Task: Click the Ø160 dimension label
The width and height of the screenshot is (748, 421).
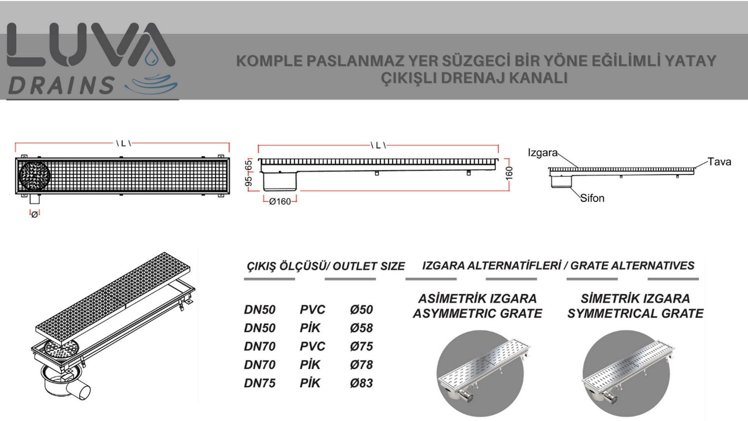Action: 280,202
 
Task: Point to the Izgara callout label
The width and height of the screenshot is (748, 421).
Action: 543,152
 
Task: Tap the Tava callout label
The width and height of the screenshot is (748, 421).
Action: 719,162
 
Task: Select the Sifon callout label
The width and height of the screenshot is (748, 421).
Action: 592,198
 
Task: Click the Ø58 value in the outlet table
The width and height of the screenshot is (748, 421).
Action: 361,328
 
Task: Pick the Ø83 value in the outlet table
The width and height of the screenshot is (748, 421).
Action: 361,383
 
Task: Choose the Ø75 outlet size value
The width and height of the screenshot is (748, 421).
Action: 361,346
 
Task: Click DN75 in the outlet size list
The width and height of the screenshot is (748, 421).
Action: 259,383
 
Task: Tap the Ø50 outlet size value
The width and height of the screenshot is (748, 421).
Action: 361,310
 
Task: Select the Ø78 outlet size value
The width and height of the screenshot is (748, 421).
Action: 361,364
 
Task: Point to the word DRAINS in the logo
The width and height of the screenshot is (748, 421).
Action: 62,85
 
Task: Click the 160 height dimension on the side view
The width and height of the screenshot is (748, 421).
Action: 509,173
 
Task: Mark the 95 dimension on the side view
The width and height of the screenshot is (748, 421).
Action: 248,182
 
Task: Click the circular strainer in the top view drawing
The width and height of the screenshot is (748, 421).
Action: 34,176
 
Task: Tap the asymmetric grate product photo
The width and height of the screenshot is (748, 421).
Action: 480,373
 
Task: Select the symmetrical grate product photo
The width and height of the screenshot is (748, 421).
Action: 626,373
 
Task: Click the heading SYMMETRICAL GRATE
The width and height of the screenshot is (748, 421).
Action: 635,313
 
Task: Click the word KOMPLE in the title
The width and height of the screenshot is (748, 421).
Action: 269,61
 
